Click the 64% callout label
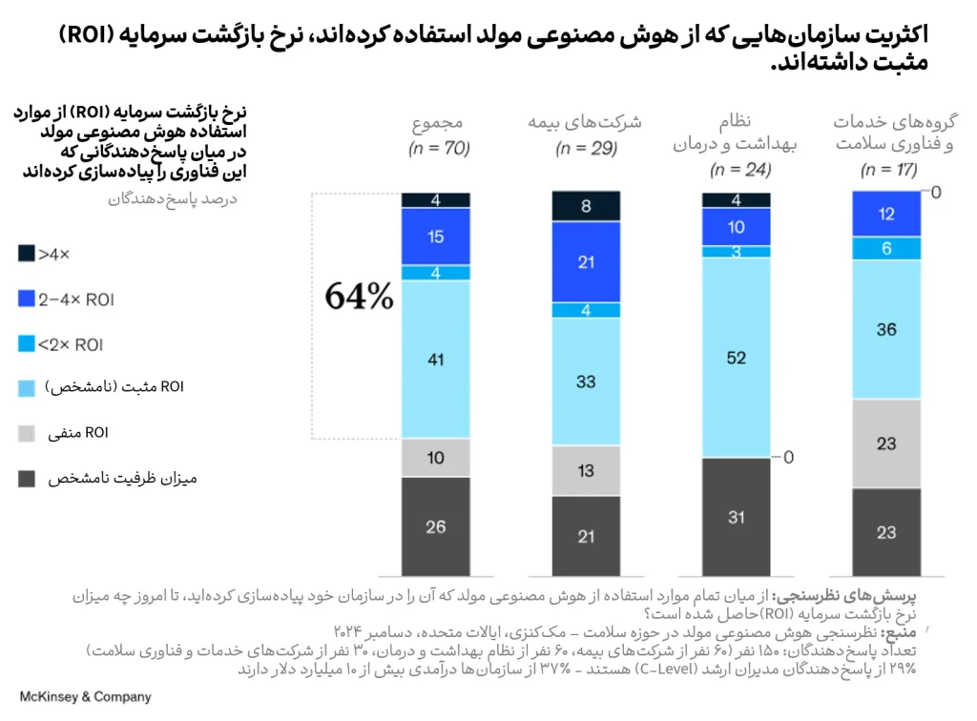tap(359, 297)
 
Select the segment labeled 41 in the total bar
tap(435, 360)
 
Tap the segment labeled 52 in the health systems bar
tap(736, 358)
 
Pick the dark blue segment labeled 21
tap(586, 262)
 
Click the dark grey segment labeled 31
tap(736, 517)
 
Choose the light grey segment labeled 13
tap(586, 470)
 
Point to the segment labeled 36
tap(886, 330)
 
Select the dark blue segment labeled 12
tap(886, 214)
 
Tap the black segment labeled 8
tap(586, 205)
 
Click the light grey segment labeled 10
tap(435, 458)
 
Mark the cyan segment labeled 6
tap(886, 248)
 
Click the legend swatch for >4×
tap(27, 254)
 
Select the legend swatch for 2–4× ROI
tap(27, 299)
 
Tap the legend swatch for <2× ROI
tap(27, 344)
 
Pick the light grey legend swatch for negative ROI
tap(27, 434)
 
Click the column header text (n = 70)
tap(435, 149)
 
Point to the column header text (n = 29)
tap(586, 149)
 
